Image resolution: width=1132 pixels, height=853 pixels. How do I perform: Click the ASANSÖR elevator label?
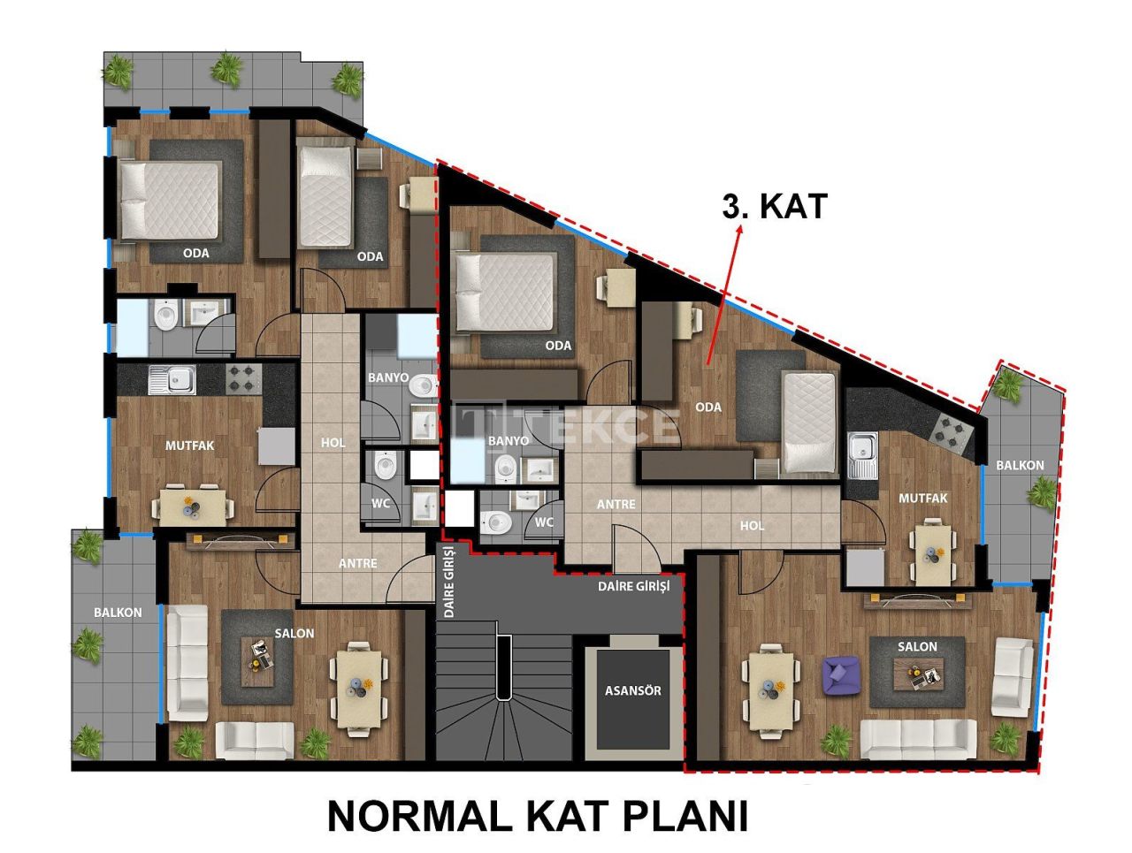tap(632, 690)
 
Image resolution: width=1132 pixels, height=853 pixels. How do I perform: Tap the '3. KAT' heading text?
tap(774, 206)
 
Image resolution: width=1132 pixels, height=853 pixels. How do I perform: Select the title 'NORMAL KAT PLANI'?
tap(537, 815)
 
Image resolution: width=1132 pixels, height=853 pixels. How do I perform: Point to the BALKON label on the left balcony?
tap(118, 612)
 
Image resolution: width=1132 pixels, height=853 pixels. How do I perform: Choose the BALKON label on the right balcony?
tap(1020, 465)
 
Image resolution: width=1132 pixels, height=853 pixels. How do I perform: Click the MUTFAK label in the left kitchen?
tap(189, 446)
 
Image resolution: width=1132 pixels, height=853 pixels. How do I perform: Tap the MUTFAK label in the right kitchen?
tap(922, 499)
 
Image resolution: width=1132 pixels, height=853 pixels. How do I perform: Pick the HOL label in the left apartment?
tap(333, 442)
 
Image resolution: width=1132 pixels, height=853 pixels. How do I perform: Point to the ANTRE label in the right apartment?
tap(616, 504)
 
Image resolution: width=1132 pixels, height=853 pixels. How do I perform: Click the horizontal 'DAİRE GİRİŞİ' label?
tap(634, 585)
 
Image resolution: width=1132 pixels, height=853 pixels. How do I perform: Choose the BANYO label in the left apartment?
tap(388, 377)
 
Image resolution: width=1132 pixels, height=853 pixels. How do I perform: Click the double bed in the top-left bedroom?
tap(169, 202)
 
